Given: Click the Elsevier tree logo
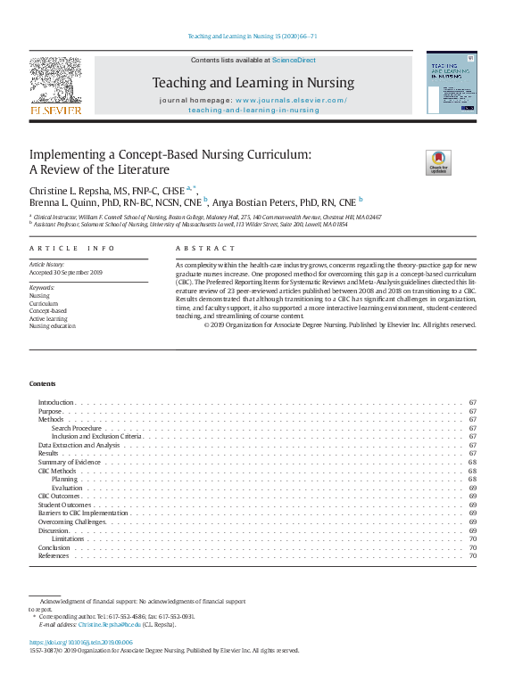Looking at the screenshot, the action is click(55, 82).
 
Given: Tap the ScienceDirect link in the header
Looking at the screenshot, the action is click(294, 60).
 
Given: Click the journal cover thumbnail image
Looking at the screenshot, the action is click(451, 81).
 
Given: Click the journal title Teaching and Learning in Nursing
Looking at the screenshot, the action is click(253, 83).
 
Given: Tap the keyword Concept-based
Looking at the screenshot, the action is click(48, 310).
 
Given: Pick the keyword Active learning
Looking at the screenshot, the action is click(50, 318).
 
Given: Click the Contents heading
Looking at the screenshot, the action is click(42, 383).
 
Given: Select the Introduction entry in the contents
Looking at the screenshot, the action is click(55, 403).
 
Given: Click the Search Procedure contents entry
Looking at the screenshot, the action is click(77, 428).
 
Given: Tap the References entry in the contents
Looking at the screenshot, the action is click(54, 556).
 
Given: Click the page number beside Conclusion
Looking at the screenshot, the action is click(473, 547).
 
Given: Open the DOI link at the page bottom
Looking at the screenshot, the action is click(81, 642).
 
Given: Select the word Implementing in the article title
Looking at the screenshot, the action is click(66, 154).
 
